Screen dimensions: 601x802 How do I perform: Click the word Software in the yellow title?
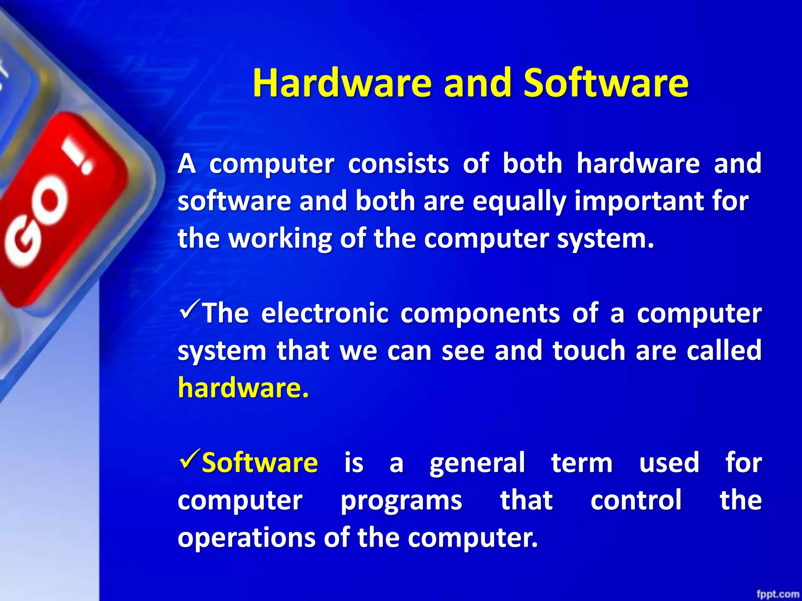(x=606, y=83)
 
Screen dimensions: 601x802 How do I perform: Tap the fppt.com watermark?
(x=777, y=594)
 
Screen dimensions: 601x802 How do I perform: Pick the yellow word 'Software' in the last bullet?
(x=260, y=462)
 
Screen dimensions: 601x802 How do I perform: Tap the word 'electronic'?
(x=325, y=313)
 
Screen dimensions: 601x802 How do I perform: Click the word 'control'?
(x=636, y=500)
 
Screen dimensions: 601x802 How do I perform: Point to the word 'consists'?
(x=398, y=164)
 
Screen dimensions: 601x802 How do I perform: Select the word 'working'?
(x=280, y=239)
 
